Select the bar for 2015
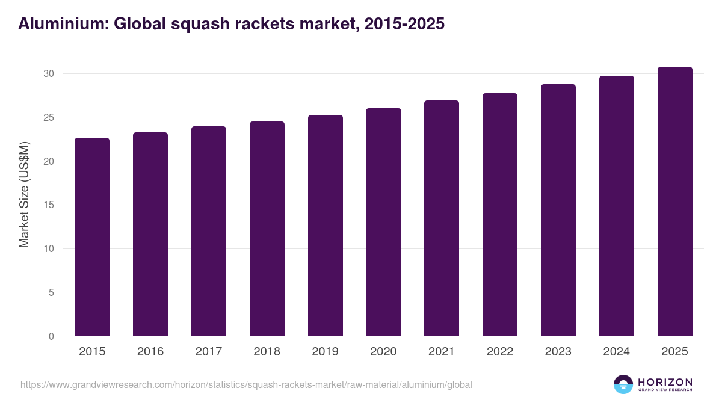92,237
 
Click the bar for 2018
267,229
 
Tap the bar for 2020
383,222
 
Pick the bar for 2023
558,210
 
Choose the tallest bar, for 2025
674,201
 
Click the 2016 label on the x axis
150,352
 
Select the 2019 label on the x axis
325,352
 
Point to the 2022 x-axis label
500,352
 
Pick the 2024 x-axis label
616,352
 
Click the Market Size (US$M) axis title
25,195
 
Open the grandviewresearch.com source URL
246,384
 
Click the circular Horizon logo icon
623,384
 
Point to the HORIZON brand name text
664,382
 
